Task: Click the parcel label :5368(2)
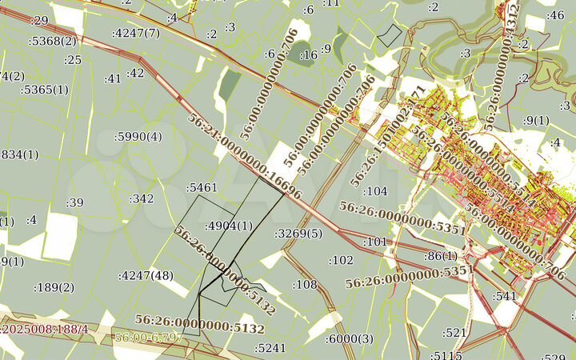(53, 41)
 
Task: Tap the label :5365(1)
(45, 90)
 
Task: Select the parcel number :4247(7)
(136, 33)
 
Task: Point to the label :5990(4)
(138, 137)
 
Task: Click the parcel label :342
(142, 198)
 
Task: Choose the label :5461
(202, 188)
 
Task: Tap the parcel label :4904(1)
(229, 226)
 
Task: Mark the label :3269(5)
(298, 234)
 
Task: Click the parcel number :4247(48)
(146, 276)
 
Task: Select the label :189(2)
(54, 287)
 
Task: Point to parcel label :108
(305, 285)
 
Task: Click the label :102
(341, 260)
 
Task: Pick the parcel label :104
(374, 192)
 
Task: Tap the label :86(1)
(440, 256)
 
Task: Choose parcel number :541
(506, 296)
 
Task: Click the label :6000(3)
(350, 339)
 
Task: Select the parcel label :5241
(270, 348)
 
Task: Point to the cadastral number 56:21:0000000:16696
(245, 157)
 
